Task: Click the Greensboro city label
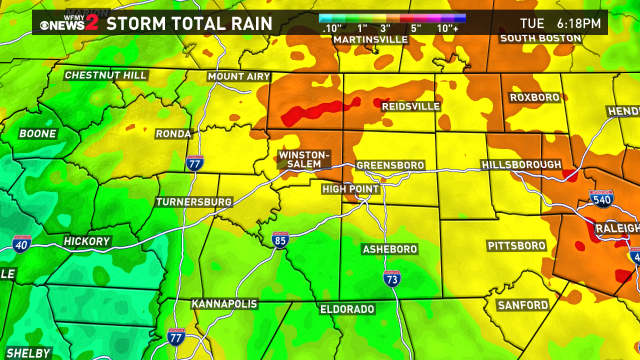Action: tap(390, 165)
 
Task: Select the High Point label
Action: tap(350, 189)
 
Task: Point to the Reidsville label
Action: tap(410, 106)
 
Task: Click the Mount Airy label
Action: tap(239, 76)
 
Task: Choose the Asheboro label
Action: tap(390, 249)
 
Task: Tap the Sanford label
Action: tap(522, 305)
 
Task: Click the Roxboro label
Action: tap(534, 97)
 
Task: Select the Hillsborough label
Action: tap(521, 165)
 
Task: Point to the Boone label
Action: tap(37, 134)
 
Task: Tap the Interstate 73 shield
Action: tap(391, 278)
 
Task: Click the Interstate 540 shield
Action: tap(601, 198)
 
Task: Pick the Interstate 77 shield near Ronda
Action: tap(194, 163)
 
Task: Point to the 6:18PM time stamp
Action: tap(578, 23)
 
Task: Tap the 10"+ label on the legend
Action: tap(447, 29)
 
